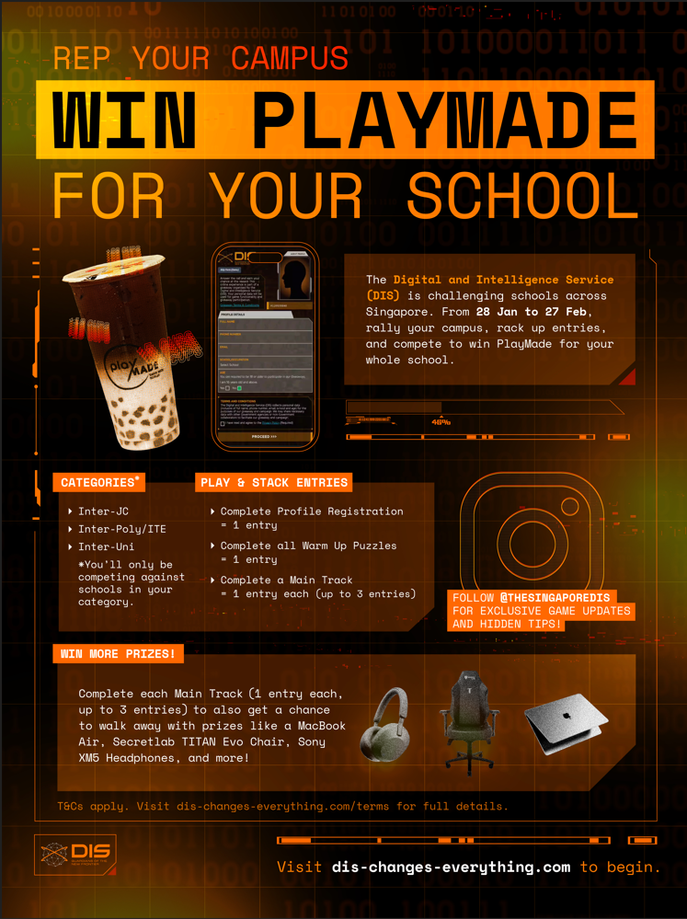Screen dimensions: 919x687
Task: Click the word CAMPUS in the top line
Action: (x=290, y=58)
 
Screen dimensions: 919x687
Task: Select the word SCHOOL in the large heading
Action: (x=521, y=194)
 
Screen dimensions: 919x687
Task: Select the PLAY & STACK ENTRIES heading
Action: (x=274, y=482)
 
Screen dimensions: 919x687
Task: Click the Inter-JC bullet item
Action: (x=103, y=511)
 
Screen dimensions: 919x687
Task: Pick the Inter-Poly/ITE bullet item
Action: (x=121, y=529)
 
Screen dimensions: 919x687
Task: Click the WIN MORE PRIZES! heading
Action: (x=118, y=654)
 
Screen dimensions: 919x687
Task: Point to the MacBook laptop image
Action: (x=565, y=722)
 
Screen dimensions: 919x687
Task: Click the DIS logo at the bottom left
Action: (x=77, y=855)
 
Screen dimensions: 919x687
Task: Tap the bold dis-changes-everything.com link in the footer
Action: (x=451, y=867)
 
